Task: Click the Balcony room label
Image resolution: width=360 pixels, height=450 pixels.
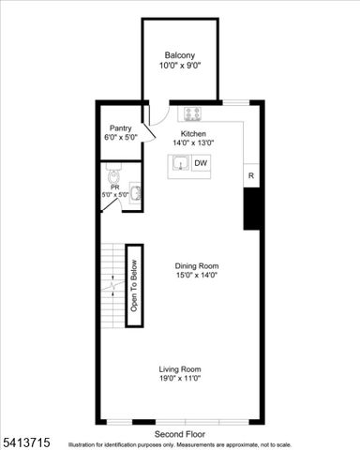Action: pos(179,54)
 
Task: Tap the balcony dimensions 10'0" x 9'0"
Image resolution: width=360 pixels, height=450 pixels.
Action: pos(179,66)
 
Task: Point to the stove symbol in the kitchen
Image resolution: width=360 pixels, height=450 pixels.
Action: pos(194,113)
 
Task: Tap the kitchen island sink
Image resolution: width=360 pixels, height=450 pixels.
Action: pos(180,165)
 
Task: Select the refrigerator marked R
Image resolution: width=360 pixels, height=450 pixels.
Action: pos(251,175)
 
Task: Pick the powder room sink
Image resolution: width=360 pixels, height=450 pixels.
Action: pos(136,193)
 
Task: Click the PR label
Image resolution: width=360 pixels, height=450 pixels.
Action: pos(114,187)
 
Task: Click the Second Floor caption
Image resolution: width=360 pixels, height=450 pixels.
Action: pos(180,434)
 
